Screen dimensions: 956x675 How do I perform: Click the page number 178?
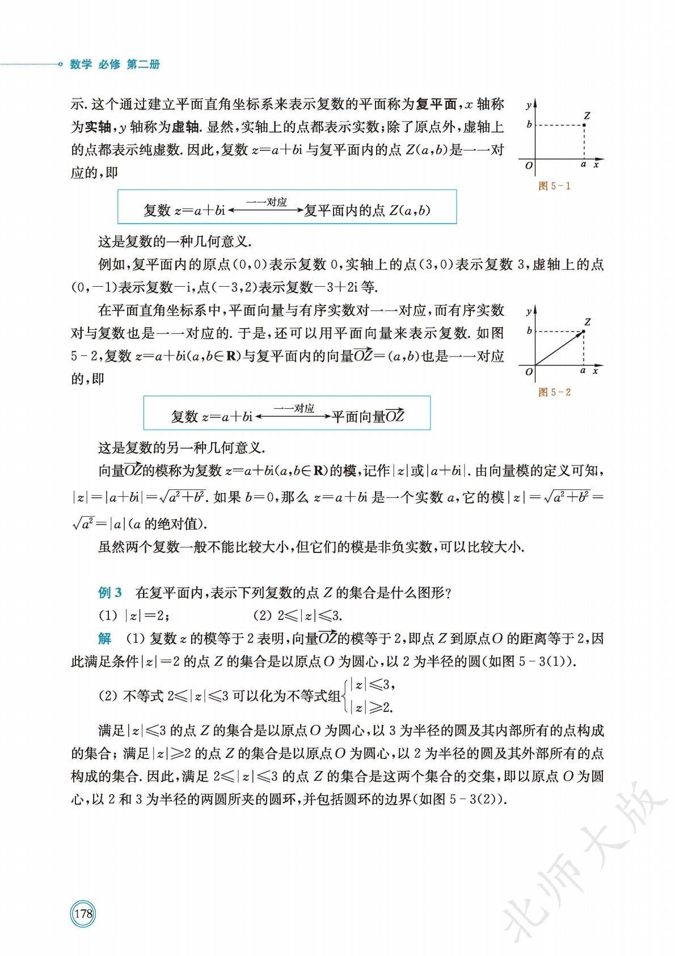pyautogui.click(x=83, y=914)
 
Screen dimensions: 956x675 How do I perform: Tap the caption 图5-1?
pyautogui.click(x=554, y=186)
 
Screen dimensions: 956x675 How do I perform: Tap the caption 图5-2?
pyautogui.click(x=554, y=392)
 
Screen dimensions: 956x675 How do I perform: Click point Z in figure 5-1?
pyautogui.click(x=585, y=125)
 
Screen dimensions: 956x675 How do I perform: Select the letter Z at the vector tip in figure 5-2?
pyautogui.click(x=588, y=322)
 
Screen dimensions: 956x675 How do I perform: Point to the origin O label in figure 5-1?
pyautogui.click(x=529, y=166)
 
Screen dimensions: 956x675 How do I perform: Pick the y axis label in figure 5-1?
pyautogui.click(x=528, y=106)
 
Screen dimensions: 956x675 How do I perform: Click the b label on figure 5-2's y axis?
pyautogui.click(x=529, y=331)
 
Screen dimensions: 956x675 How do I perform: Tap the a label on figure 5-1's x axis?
pyautogui.click(x=584, y=165)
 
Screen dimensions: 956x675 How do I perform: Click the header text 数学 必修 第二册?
pyautogui.click(x=115, y=65)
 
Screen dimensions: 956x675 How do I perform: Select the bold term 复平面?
pyautogui.click(x=436, y=104)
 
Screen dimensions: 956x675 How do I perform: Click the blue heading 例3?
pyautogui.click(x=110, y=593)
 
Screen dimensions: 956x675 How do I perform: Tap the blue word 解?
pyautogui.click(x=105, y=639)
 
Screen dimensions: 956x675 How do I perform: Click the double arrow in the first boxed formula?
pyautogui.click(x=265, y=210)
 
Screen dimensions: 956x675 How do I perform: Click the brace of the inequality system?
pyautogui.click(x=345, y=696)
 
